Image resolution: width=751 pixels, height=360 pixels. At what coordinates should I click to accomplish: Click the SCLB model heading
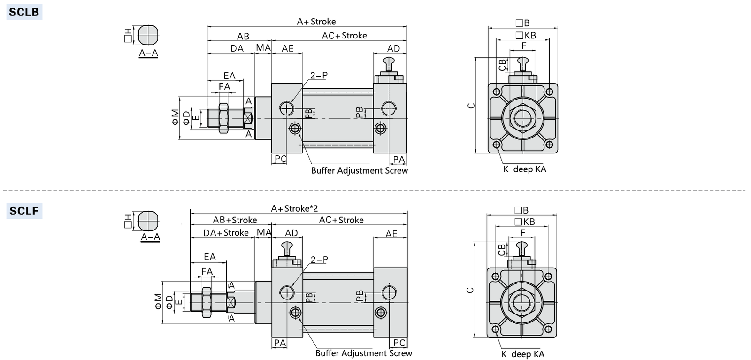pos(24,12)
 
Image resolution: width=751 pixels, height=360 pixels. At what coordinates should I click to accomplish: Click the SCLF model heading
pos(24,211)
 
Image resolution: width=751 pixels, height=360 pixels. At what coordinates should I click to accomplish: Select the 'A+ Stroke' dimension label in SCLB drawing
pos(316,22)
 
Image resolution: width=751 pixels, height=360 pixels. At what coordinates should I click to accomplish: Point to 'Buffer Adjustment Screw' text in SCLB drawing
pos(359,171)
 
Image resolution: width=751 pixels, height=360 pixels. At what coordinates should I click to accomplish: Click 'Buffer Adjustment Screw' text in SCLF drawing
pos(363,353)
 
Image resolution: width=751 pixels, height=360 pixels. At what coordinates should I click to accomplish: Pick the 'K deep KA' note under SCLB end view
pos(524,169)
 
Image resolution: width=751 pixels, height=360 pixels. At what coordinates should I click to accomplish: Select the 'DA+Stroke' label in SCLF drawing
pos(226,233)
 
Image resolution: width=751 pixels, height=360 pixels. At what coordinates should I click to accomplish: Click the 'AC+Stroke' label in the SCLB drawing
pos(344,36)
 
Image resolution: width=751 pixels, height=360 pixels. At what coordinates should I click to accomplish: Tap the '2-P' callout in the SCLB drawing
pos(319,75)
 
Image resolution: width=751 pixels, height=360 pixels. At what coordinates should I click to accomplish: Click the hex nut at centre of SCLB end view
pos(522,118)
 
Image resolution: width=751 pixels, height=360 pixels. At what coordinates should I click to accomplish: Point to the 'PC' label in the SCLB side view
pos(280,159)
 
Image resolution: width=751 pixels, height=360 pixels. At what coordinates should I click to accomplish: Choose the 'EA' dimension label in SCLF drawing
pos(210,257)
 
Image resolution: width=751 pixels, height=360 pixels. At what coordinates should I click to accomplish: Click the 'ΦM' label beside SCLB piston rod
pos(175,117)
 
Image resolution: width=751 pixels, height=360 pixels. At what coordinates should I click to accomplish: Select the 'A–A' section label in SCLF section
pos(150,237)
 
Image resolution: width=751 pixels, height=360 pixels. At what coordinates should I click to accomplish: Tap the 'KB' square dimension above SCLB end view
pos(526,35)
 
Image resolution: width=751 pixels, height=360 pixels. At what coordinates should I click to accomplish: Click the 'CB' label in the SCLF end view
pos(502,250)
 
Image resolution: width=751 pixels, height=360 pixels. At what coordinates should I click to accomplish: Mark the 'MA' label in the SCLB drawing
pos(263,48)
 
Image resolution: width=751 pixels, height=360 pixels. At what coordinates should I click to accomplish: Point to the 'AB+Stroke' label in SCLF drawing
pos(235,220)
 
